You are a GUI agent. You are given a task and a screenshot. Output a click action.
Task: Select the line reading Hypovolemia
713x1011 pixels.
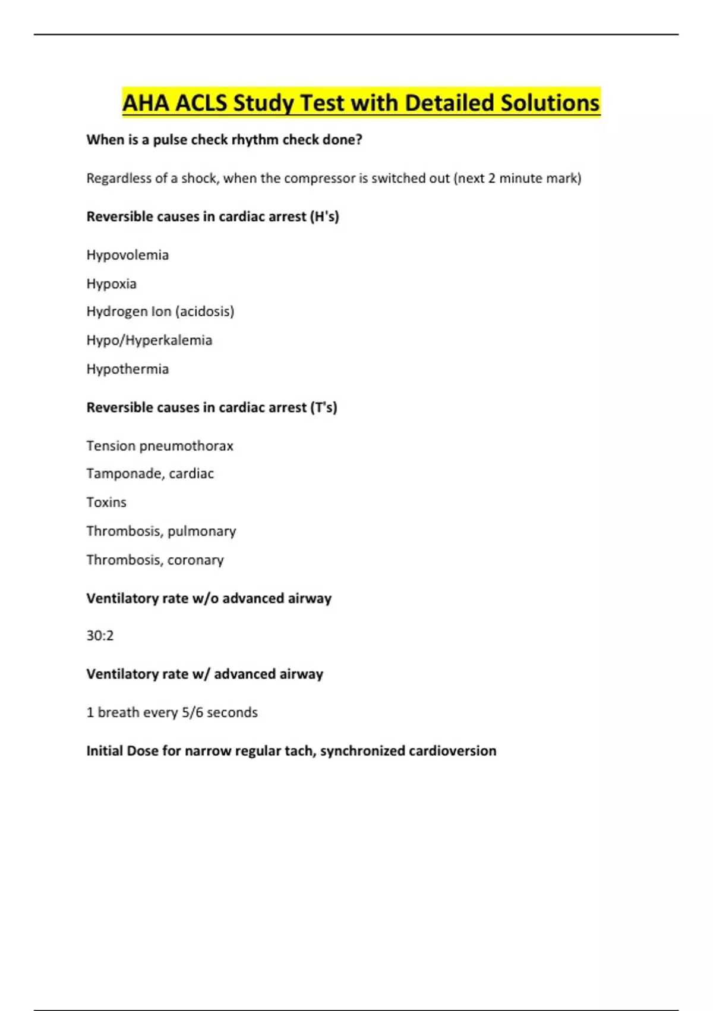click(x=127, y=255)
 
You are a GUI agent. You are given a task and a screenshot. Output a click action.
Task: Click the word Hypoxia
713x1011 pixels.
click(x=111, y=284)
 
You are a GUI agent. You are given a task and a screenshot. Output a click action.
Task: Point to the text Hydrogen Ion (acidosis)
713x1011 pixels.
click(x=160, y=311)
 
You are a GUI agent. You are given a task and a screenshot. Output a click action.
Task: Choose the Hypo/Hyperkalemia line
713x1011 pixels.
click(x=149, y=340)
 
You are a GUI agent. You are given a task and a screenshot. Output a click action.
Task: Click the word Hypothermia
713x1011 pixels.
click(x=127, y=369)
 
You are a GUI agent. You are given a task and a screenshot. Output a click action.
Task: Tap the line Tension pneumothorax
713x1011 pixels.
click(x=159, y=445)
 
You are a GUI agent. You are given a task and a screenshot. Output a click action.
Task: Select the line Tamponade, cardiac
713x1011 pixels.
click(x=150, y=473)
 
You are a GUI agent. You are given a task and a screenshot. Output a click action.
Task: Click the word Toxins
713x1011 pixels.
click(x=106, y=502)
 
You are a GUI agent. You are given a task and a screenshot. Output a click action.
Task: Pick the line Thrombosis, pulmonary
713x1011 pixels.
click(x=161, y=531)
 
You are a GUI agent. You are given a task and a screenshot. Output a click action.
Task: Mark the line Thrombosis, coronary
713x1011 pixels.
click(x=155, y=560)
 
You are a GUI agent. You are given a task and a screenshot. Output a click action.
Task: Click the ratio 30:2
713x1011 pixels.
click(x=100, y=636)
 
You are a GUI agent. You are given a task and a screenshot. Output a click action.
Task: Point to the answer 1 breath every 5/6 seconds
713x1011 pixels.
click(x=172, y=712)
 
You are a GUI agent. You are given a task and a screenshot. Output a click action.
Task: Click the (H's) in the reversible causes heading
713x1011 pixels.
click(x=324, y=216)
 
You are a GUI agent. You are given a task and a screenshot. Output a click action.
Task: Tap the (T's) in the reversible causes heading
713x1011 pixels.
click(x=323, y=407)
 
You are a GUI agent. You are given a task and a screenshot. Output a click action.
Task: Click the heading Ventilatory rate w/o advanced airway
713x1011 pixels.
click(x=209, y=598)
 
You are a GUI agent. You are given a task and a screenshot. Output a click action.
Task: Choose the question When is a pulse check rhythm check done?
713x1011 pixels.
click(x=224, y=140)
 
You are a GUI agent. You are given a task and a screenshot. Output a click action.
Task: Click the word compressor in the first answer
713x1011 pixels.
click(x=320, y=178)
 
